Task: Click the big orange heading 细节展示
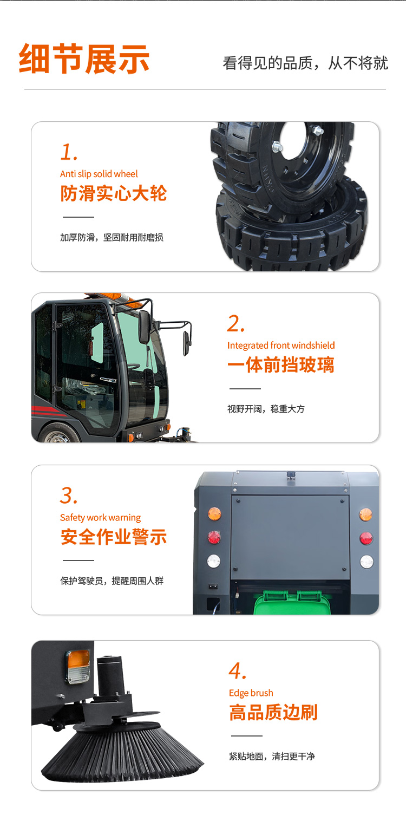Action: point(84,58)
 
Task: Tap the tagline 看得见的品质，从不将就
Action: point(305,63)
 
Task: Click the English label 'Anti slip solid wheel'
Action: point(99,174)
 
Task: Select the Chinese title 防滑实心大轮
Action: point(114,193)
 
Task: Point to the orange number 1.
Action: point(69,152)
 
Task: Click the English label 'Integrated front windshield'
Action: point(281,346)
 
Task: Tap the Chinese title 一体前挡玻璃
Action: point(281,364)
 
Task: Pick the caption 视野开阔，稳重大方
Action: point(266,409)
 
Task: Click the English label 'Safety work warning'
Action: point(100,518)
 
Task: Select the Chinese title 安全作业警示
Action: point(114,537)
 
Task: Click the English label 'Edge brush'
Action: point(251,693)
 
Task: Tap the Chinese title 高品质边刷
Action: point(273,712)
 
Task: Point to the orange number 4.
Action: point(238,671)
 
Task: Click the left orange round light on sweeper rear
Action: point(214,513)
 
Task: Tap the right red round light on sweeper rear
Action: point(366,538)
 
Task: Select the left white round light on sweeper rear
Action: point(214,561)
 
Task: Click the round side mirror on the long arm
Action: point(187,343)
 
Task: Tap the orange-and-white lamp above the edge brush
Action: point(78,666)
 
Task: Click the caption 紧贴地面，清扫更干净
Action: point(272,756)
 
